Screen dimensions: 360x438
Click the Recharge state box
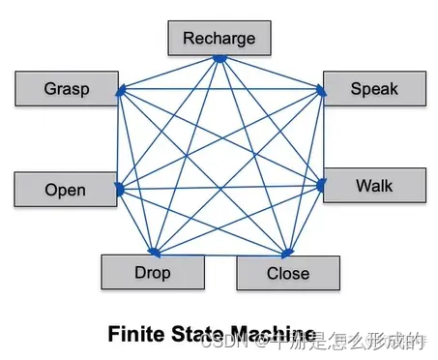click(219, 39)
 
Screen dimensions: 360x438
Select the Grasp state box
click(67, 89)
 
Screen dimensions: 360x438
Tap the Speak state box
click(373, 89)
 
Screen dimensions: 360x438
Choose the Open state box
click(65, 190)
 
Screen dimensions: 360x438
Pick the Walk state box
click(373, 185)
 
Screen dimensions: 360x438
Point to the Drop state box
click(152, 272)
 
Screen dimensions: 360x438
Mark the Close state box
click(287, 273)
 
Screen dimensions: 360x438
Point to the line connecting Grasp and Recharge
click(168, 75)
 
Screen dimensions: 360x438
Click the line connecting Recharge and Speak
click(271, 75)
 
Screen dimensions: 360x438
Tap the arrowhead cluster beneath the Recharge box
click(219, 59)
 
